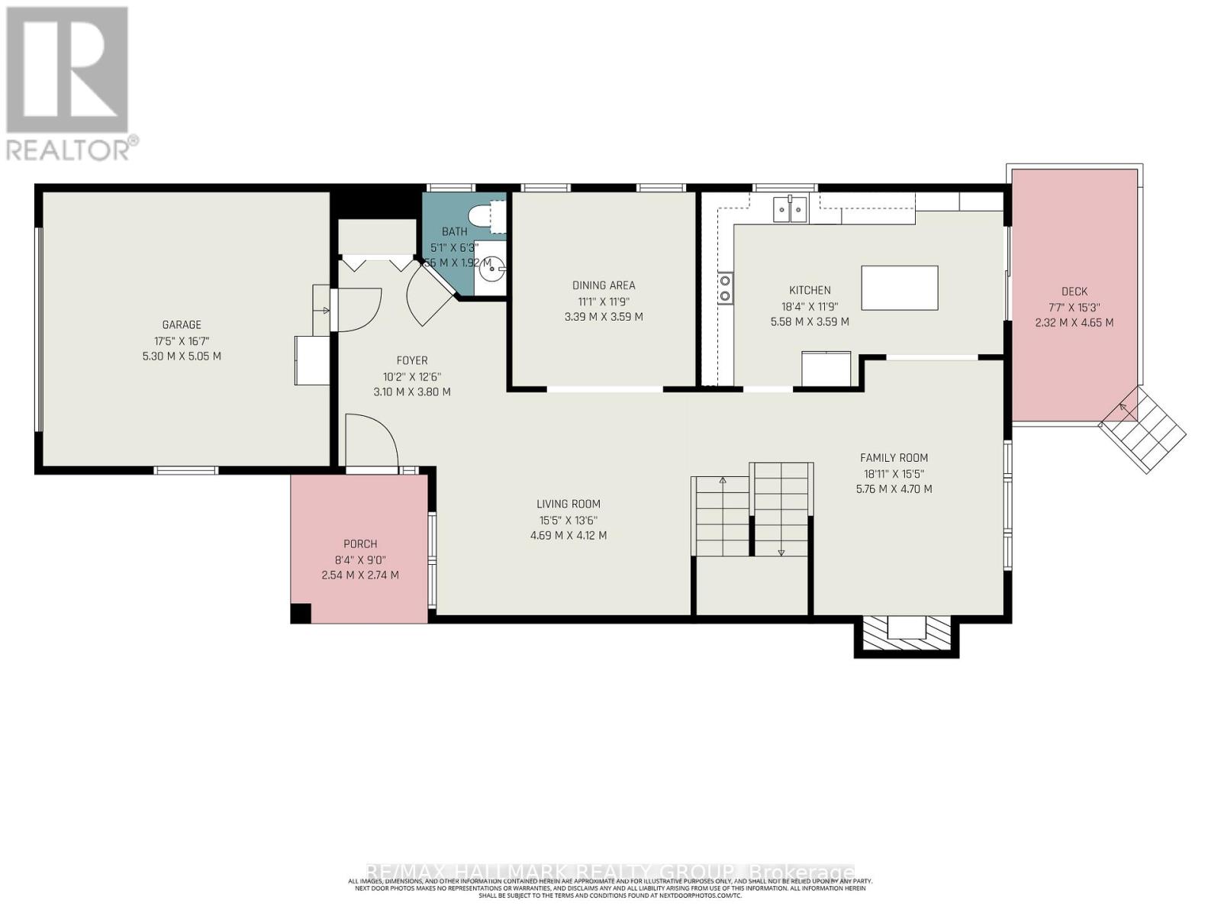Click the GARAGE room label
click(182, 324)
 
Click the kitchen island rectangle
click(899, 288)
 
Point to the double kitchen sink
click(789, 208)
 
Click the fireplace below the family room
click(906, 633)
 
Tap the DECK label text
click(1074, 291)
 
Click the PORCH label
click(360, 544)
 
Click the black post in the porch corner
click(301, 613)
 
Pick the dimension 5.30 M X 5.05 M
click(182, 356)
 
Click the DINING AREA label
click(603, 285)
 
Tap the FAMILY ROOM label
click(894, 458)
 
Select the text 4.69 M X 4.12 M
click(568, 536)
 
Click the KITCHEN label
click(810, 290)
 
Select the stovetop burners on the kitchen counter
click(724, 288)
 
